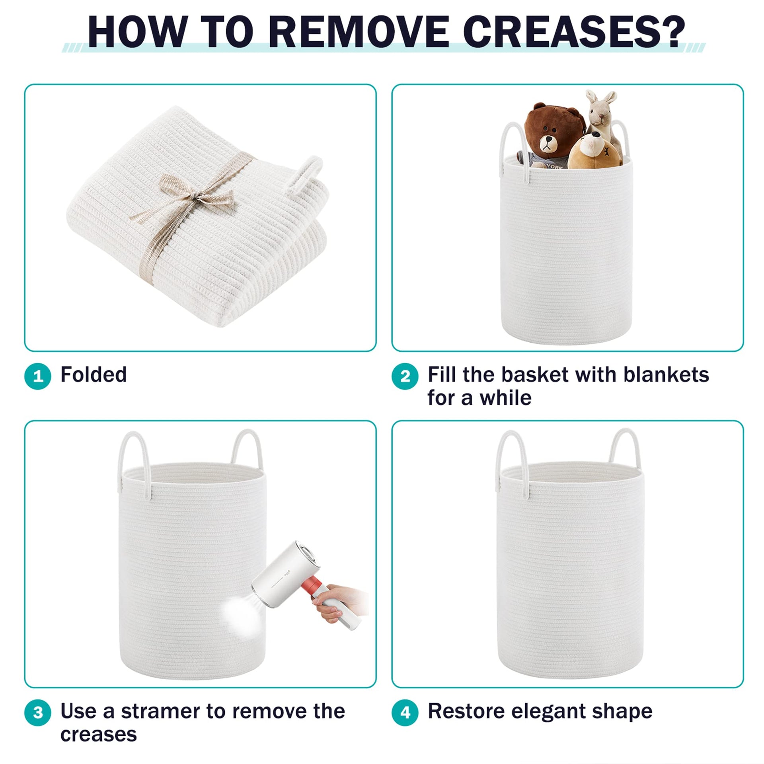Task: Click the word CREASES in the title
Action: click(573, 33)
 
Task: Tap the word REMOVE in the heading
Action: click(357, 33)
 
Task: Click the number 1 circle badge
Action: click(38, 376)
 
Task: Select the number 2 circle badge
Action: click(405, 376)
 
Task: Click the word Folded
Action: click(94, 374)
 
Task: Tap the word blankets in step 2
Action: click(666, 374)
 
